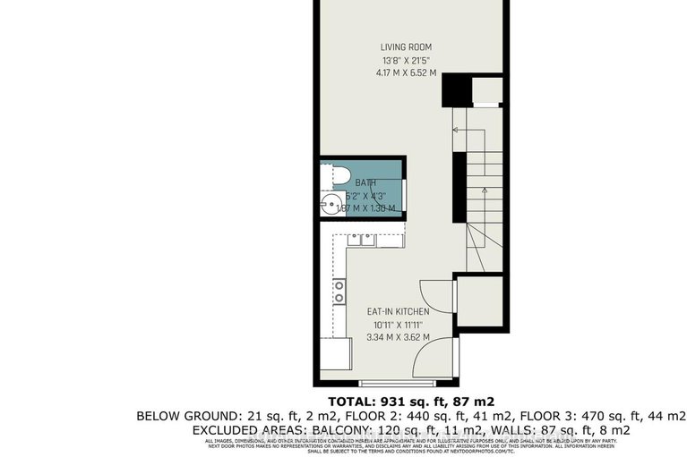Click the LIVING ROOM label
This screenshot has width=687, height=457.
[406, 47]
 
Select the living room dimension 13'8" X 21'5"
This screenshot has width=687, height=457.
[406, 61]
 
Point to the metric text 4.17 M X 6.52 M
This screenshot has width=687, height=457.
[406, 73]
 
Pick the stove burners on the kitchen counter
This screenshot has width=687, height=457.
[339, 292]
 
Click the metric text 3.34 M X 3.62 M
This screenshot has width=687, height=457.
[398, 337]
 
